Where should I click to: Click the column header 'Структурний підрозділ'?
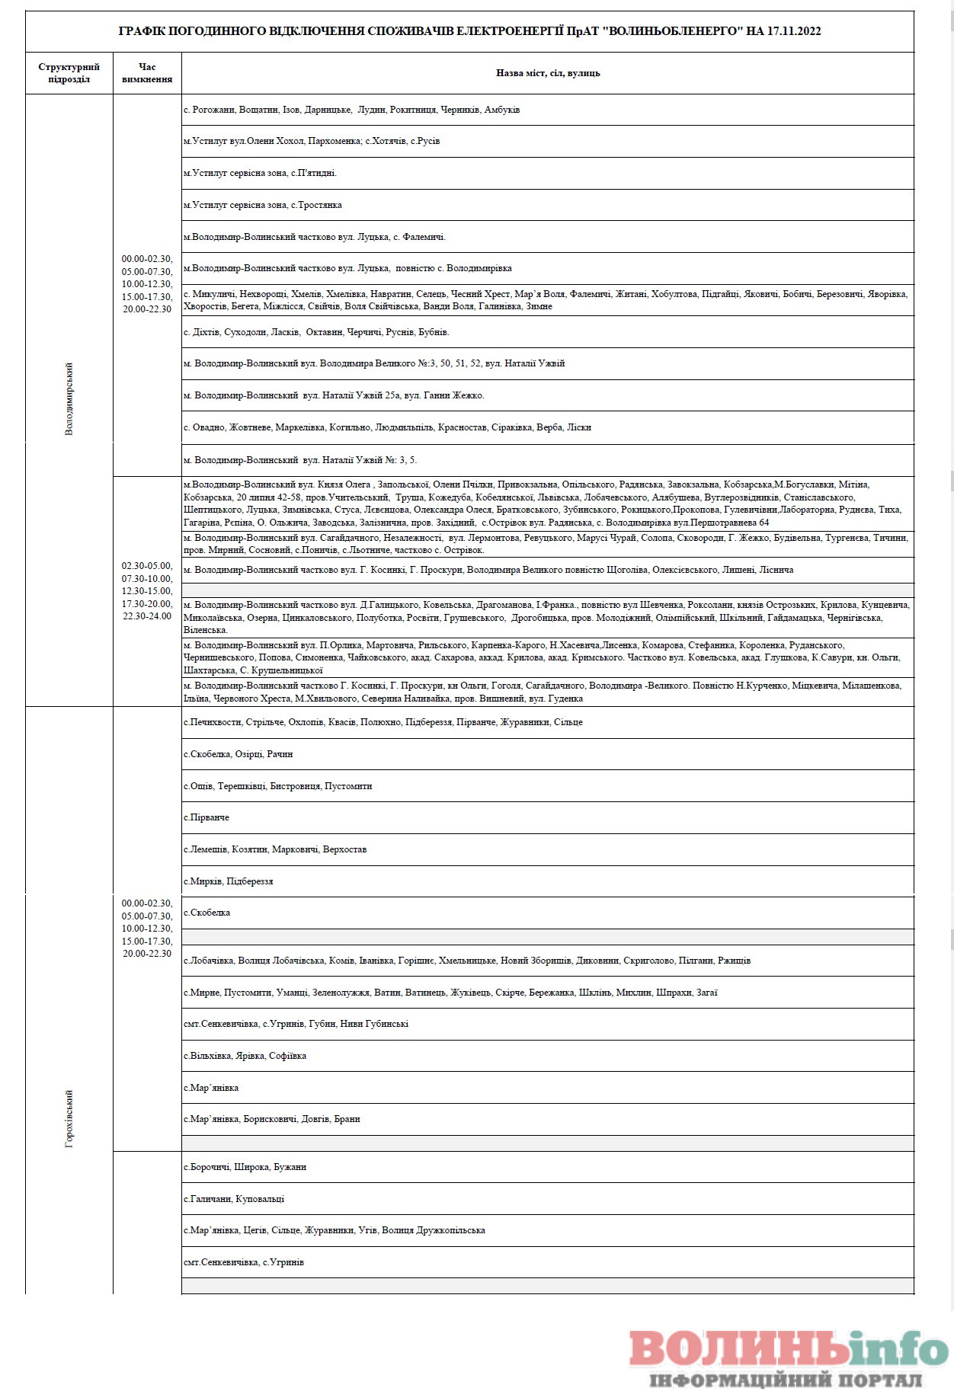click(x=69, y=73)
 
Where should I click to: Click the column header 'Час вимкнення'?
click(x=147, y=73)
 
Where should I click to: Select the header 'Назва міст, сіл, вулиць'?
click(x=548, y=73)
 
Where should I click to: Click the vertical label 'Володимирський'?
click(x=69, y=398)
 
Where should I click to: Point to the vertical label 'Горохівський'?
click(x=69, y=1118)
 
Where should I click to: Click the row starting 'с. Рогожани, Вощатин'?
click(x=352, y=110)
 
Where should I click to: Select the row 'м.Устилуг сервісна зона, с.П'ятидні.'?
click(x=261, y=173)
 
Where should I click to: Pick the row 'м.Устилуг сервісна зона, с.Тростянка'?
click(x=263, y=205)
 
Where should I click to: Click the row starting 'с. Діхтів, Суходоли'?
click(x=316, y=332)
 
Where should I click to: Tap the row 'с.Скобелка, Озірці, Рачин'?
click(x=238, y=754)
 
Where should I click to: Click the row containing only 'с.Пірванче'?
click(x=206, y=817)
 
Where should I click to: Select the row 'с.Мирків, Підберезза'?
click(x=229, y=881)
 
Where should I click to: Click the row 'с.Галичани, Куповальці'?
click(x=234, y=1199)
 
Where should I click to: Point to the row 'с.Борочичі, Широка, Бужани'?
click(x=245, y=1167)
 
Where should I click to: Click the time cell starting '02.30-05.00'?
click(x=147, y=591)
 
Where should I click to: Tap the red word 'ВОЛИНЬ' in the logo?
click(x=738, y=1348)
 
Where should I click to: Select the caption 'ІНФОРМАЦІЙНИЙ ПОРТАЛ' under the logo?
click(x=786, y=1380)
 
